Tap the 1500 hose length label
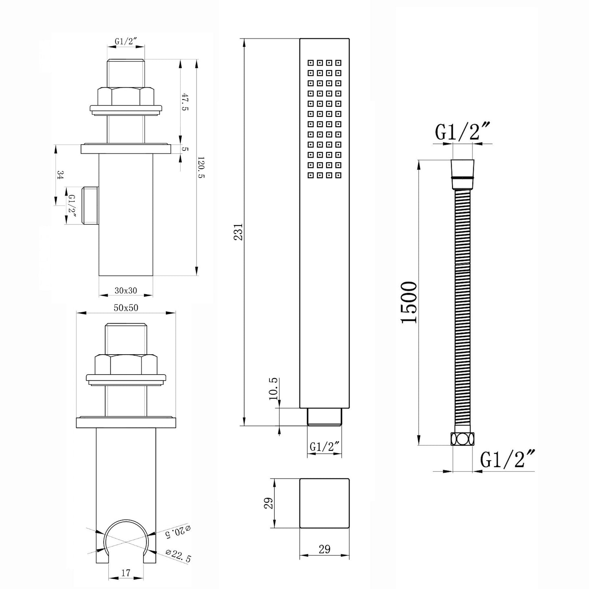(x=408, y=302)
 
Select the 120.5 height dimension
(x=201, y=168)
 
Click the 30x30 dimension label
(x=126, y=290)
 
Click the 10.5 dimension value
(x=274, y=388)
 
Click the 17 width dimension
(x=126, y=573)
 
